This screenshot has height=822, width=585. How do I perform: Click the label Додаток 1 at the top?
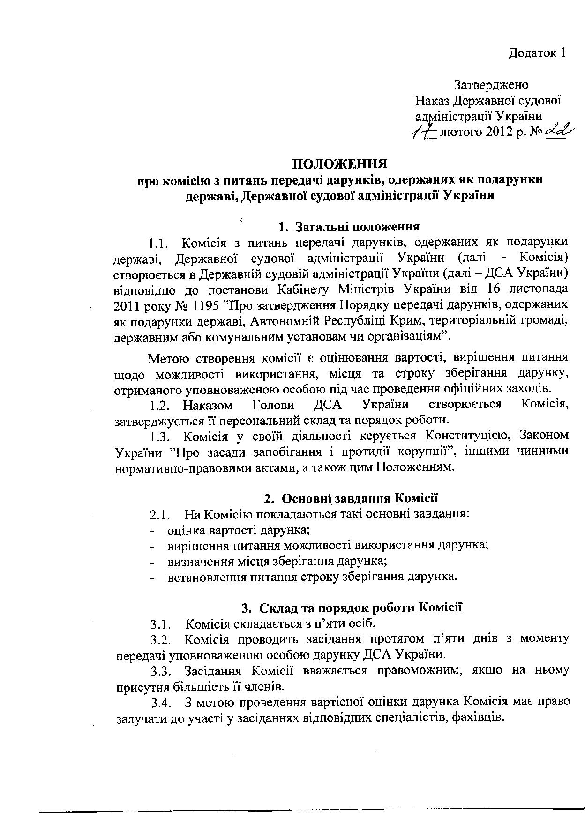pos(537,53)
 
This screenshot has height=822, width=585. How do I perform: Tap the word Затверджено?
pos(491,85)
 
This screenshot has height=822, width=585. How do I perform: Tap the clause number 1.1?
pos(158,243)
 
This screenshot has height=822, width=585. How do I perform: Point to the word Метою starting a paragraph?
pos(169,359)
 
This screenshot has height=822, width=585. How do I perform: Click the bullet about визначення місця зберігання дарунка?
pos(277,561)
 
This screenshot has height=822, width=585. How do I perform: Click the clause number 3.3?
pos(163,671)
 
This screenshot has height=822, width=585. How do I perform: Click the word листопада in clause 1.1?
pos(537,289)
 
